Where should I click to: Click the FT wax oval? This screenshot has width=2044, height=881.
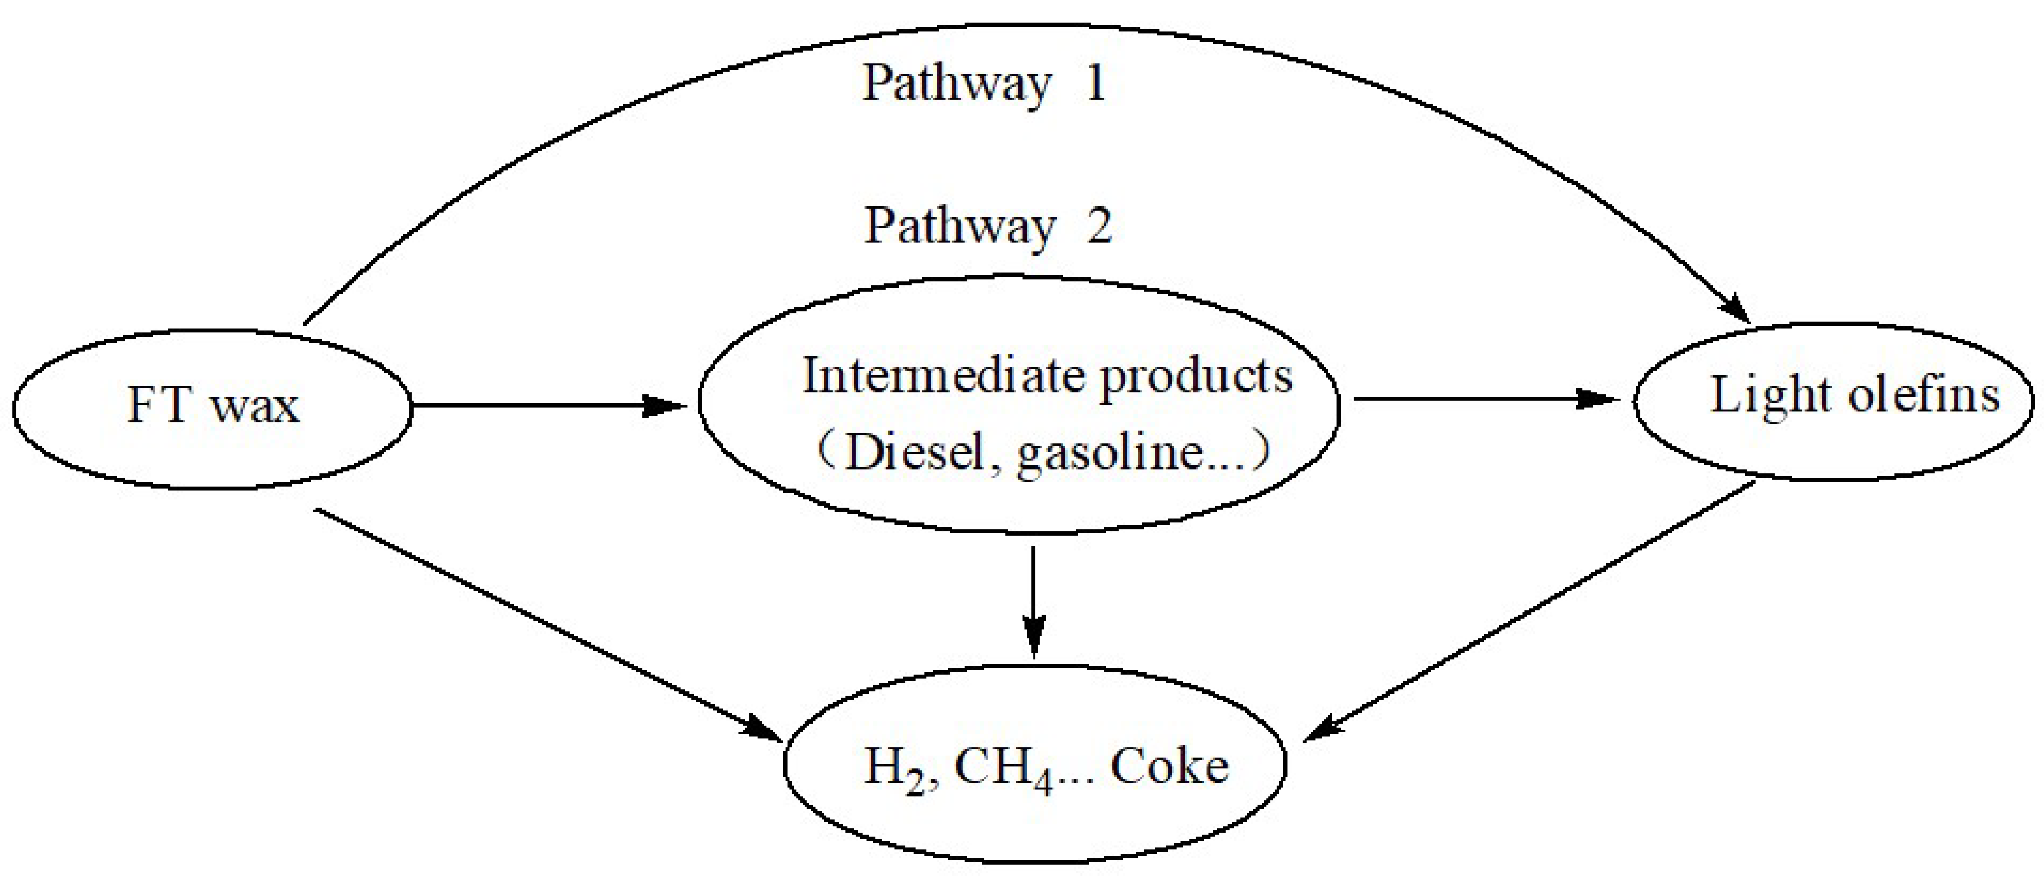pyautogui.click(x=213, y=406)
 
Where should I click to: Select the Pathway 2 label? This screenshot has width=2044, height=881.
pyautogui.click(x=988, y=227)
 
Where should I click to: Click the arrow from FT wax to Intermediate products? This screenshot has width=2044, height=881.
pyautogui.click(x=547, y=406)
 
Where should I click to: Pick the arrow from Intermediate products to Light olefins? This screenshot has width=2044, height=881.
pyautogui.click(x=1484, y=399)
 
